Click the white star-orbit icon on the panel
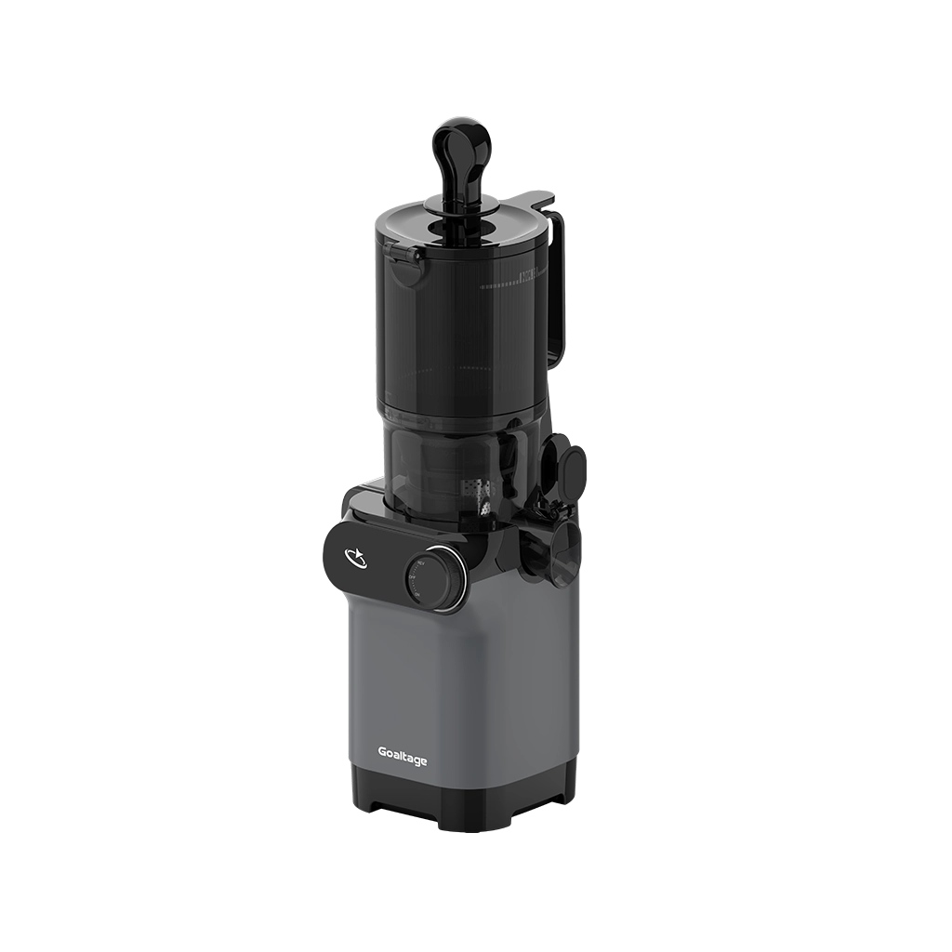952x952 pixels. pyautogui.click(x=355, y=557)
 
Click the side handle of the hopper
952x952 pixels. pyautogui.click(x=554, y=288)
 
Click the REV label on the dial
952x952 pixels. pyautogui.click(x=421, y=564)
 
